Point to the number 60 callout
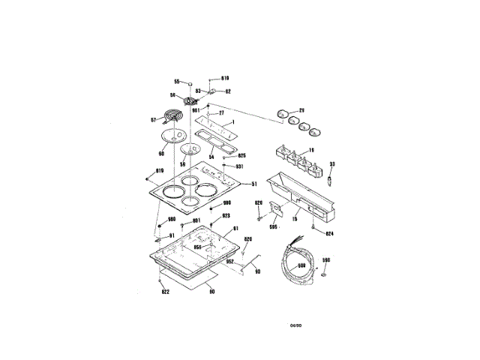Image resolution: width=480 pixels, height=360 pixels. pyautogui.click(x=161, y=154)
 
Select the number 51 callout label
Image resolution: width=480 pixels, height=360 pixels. pyautogui.click(x=253, y=184)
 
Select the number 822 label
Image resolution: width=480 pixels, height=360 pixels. pyautogui.click(x=165, y=292)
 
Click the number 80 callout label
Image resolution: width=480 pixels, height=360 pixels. pyautogui.click(x=212, y=292)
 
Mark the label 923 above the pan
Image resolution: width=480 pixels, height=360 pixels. pyautogui.click(x=225, y=215)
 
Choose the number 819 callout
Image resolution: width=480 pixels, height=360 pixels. pyautogui.click(x=159, y=172)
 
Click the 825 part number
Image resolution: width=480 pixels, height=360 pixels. pyautogui.click(x=241, y=155)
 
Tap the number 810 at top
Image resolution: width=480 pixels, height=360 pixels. pyautogui.click(x=224, y=78)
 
